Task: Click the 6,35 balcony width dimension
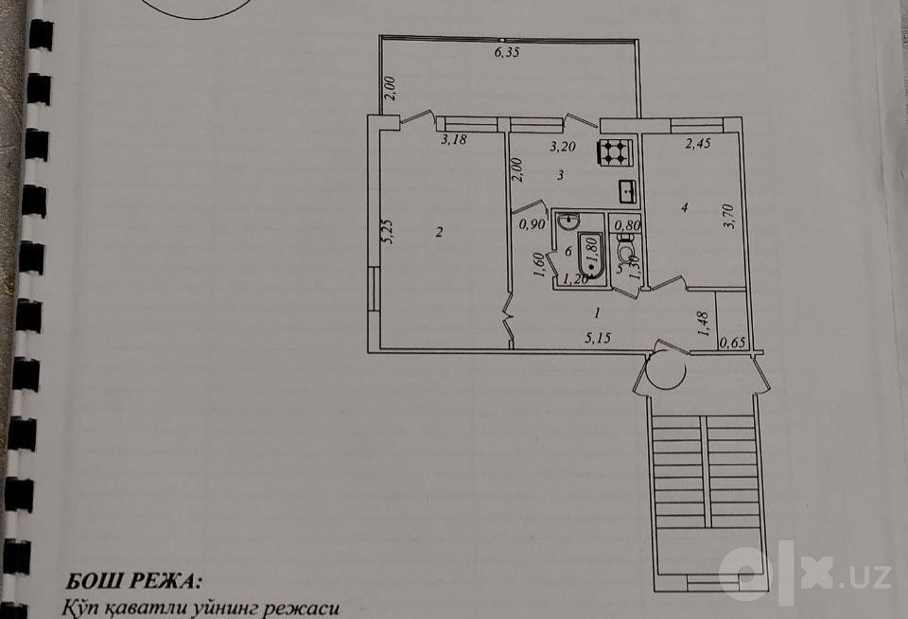507,52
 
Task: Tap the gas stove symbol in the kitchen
615,151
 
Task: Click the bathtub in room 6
591,255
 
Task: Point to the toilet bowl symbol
625,252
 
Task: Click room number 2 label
440,233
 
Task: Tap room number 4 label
685,207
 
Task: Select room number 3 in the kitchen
561,175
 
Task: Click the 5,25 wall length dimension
389,231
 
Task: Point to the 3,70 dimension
729,216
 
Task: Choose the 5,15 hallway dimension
598,338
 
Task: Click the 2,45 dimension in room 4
698,144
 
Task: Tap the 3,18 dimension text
453,140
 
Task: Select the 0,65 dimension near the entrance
732,343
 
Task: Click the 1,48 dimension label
704,325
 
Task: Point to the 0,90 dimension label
533,224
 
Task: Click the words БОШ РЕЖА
134,581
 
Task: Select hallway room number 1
597,313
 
